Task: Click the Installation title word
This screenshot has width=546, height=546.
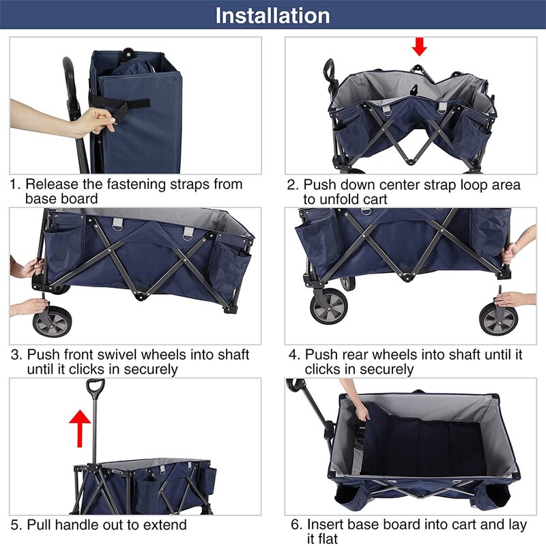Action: coord(272,16)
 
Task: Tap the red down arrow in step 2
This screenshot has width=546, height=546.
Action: coord(419,46)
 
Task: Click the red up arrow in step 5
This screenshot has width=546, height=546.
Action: coord(80,428)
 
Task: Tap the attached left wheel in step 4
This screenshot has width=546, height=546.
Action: coord(329,306)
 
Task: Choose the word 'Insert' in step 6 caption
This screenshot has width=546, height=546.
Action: coord(326,524)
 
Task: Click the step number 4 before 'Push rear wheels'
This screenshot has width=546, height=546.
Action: coord(293,355)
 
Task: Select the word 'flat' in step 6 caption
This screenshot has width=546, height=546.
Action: coord(322,538)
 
